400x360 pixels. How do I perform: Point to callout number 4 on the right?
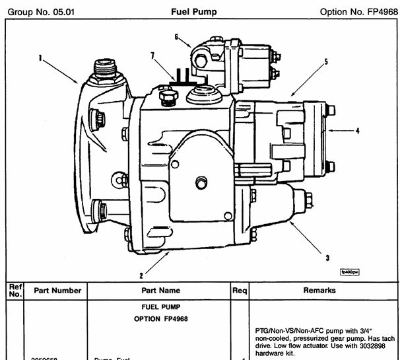tap(357, 131)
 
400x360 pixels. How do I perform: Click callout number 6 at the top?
tap(177, 37)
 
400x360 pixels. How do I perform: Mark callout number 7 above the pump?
tap(152, 56)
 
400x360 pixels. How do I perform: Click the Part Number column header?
tap(56, 290)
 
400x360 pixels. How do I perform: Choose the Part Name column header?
tap(160, 290)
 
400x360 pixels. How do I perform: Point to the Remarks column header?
tap(319, 290)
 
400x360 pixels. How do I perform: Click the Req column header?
tap(240, 290)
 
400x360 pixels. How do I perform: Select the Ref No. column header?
tap(15, 290)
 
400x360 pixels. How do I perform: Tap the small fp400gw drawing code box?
tap(349, 271)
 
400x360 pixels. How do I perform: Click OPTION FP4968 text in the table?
tap(160, 320)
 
